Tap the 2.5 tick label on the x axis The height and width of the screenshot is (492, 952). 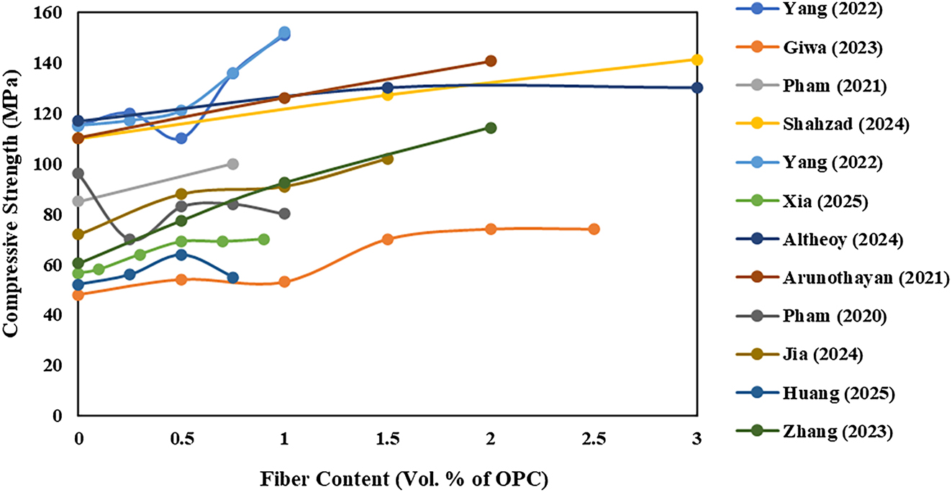coord(594,438)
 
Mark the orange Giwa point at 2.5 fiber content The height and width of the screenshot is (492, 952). coord(594,229)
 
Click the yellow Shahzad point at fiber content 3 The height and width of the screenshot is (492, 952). coord(697,60)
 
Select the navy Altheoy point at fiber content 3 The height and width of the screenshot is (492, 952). coord(697,88)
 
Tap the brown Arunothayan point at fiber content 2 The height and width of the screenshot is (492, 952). coord(491,61)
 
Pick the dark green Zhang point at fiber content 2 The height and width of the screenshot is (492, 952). coord(491,128)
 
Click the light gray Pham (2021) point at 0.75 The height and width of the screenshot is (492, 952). coord(232,164)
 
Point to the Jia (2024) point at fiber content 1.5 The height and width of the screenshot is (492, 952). coord(387,158)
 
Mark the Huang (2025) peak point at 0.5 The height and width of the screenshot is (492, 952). coord(181,255)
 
